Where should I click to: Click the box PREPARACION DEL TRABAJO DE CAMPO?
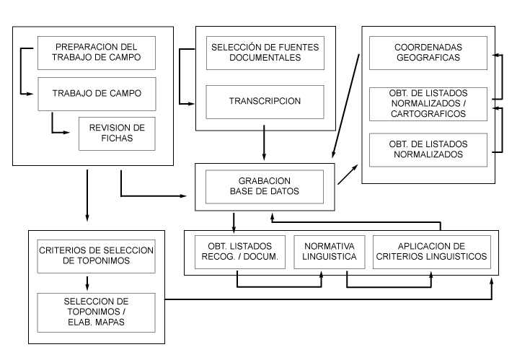[97, 52]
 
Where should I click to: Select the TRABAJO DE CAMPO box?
[97, 93]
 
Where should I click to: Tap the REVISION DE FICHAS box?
[117, 133]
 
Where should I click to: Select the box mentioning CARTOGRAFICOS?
[428, 102]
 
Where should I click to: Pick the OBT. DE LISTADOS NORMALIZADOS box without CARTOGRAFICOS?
[428, 149]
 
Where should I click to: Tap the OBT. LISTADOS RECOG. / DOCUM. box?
[237, 251]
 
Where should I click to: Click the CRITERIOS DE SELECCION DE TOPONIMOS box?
[97, 255]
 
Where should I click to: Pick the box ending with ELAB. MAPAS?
[97, 309]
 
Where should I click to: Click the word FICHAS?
[117, 139]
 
